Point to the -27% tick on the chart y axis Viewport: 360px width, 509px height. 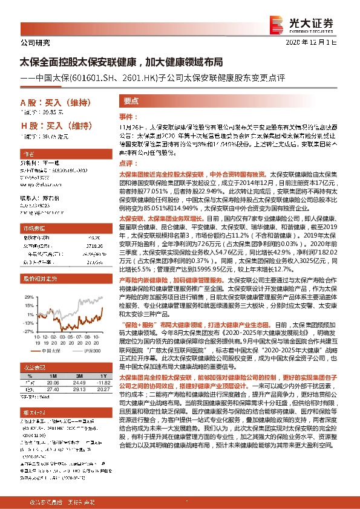point(25,331)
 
